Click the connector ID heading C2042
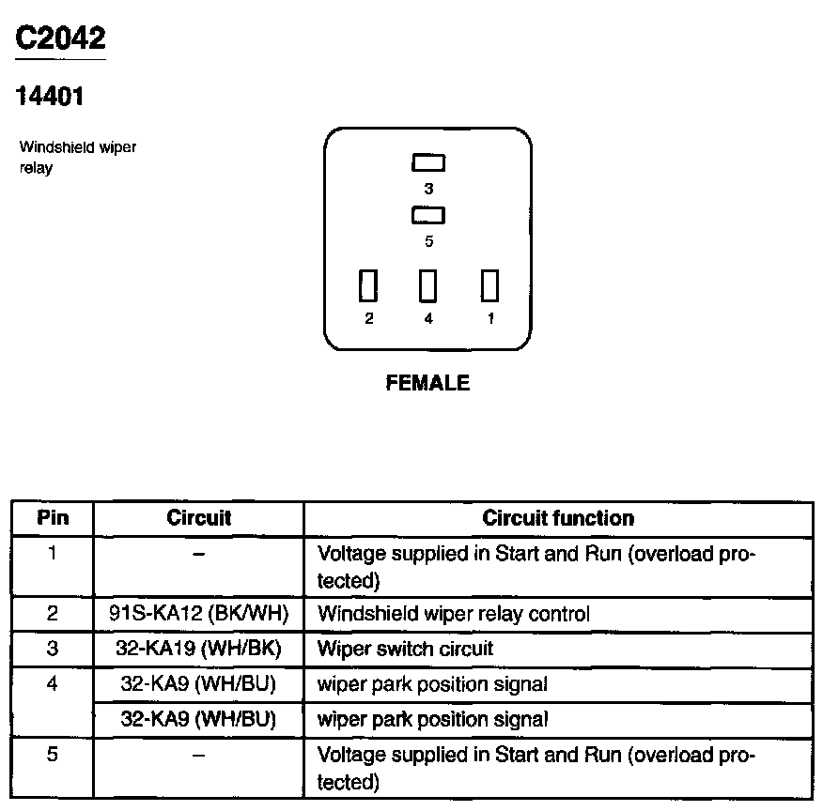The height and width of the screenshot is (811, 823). [61, 38]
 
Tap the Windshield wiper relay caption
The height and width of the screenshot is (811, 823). [78, 158]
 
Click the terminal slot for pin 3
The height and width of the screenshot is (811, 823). [428, 163]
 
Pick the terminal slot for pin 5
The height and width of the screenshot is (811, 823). [428, 216]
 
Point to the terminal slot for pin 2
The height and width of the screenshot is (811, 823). [369, 285]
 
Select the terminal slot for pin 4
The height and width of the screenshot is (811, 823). [428, 285]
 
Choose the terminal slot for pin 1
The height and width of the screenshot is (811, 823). [489, 285]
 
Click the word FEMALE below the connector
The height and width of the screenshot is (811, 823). [427, 383]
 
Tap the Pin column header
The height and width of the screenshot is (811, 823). [53, 518]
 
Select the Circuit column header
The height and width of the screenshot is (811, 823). [198, 518]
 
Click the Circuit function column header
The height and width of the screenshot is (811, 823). [558, 518]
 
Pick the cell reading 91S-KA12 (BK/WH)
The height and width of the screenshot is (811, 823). [198, 615]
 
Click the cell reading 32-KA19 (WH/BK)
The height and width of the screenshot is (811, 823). [198, 650]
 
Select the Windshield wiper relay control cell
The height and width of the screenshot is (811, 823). [454, 615]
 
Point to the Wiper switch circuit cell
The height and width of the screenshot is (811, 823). [406, 650]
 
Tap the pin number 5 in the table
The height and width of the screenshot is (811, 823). [53, 755]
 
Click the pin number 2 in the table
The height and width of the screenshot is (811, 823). [53, 615]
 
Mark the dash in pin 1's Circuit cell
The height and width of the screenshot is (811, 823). [198, 554]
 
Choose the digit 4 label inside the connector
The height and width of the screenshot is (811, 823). [428, 319]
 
